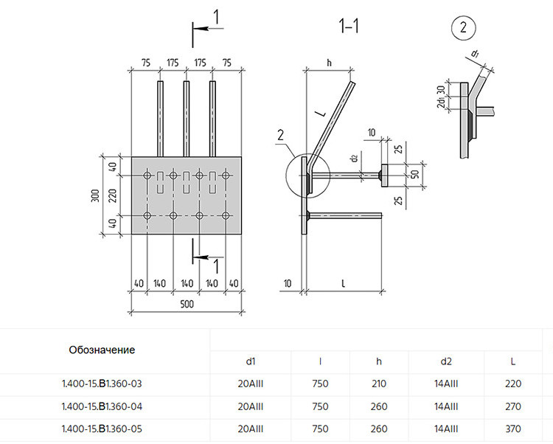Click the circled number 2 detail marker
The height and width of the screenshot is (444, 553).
point(463,27)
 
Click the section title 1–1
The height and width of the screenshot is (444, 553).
point(349,26)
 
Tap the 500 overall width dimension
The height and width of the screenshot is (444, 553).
point(187,304)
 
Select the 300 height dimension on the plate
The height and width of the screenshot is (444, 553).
point(96,195)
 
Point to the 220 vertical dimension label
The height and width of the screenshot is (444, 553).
point(112,195)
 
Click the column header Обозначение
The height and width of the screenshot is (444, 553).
point(102,350)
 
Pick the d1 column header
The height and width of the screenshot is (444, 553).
point(251,361)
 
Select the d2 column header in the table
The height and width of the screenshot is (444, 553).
point(446,361)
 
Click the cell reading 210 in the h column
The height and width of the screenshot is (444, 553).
point(379,384)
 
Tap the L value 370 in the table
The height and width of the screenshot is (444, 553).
point(512,429)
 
